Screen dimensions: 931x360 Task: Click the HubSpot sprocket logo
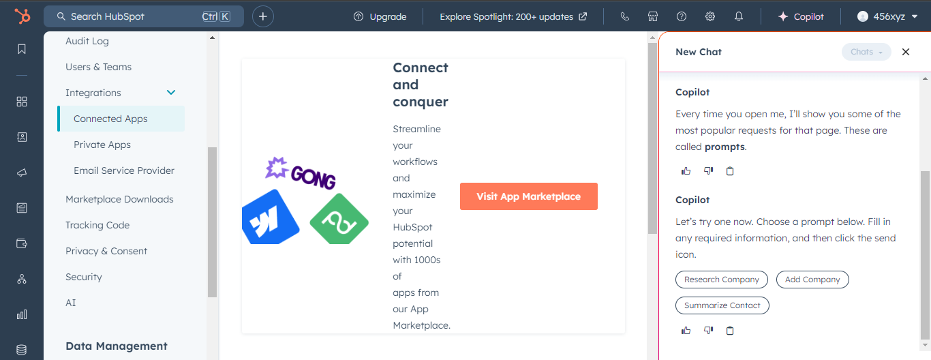tap(22, 16)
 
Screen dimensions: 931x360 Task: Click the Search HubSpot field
tap(143, 16)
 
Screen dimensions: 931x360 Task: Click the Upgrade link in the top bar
tap(380, 16)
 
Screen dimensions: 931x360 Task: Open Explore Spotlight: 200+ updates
tap(513, 16)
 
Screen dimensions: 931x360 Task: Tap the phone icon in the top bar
tap(625, 16)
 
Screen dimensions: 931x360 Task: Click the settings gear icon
tap(710, 16)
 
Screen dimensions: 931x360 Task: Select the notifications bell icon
tap(739, 16)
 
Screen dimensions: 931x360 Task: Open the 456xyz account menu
tap(887, 16)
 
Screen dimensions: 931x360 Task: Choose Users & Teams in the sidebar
tap(99, 67)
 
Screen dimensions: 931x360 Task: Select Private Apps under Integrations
tap(102, 145)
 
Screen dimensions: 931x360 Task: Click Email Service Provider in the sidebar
tap(124, 170)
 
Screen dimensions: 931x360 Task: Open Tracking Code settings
tap(97, 225)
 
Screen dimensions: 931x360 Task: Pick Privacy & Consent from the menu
tap(106, 251)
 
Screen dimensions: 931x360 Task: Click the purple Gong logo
tap(301, 173)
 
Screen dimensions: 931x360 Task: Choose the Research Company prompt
tap(722, 280)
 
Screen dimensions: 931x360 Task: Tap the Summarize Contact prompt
tap(722, 305)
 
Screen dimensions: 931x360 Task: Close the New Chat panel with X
tap(906, 52)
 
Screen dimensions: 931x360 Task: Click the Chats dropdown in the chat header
tap(866, 52)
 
